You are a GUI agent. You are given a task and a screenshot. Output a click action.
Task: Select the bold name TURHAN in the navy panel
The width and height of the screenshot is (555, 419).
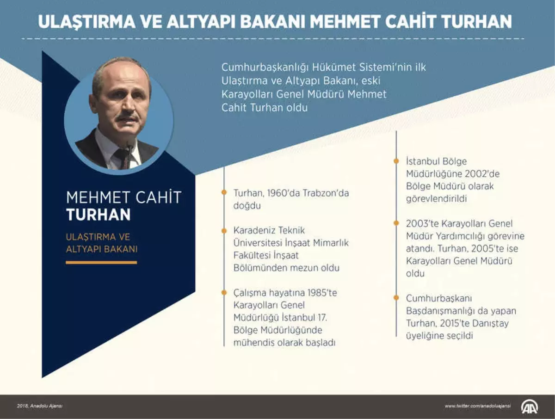tap(98, 215)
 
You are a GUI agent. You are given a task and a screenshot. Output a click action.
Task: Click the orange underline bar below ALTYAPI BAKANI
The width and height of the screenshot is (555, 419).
tap(101, 262)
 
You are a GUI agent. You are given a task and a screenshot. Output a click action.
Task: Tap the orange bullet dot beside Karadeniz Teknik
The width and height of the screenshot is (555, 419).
tap(224, 230)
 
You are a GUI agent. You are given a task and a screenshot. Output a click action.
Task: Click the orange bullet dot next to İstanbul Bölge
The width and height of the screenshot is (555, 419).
tap(396, 161)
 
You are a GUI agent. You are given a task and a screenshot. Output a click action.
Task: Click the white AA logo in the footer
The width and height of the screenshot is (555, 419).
tap(530, 407)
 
